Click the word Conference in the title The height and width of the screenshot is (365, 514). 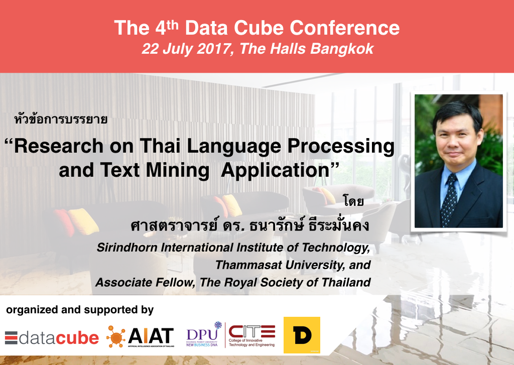click(344, 28)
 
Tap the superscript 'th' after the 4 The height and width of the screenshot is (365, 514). click(173, 25)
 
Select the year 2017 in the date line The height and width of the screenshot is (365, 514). click(213, 49)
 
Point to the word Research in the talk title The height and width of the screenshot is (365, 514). click(58, 146)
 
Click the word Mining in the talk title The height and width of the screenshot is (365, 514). click(177, 171)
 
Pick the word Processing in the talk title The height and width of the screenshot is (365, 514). click(341, 146)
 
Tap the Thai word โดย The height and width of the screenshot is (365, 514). click(353, 201)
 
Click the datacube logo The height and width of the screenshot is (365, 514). click(52, 338)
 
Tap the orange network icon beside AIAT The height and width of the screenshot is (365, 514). click(116, 336)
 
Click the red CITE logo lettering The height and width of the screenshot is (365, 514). click(252, 331)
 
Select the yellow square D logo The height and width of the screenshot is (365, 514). click(302, 335)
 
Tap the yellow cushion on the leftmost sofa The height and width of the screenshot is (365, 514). click(83, 222)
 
